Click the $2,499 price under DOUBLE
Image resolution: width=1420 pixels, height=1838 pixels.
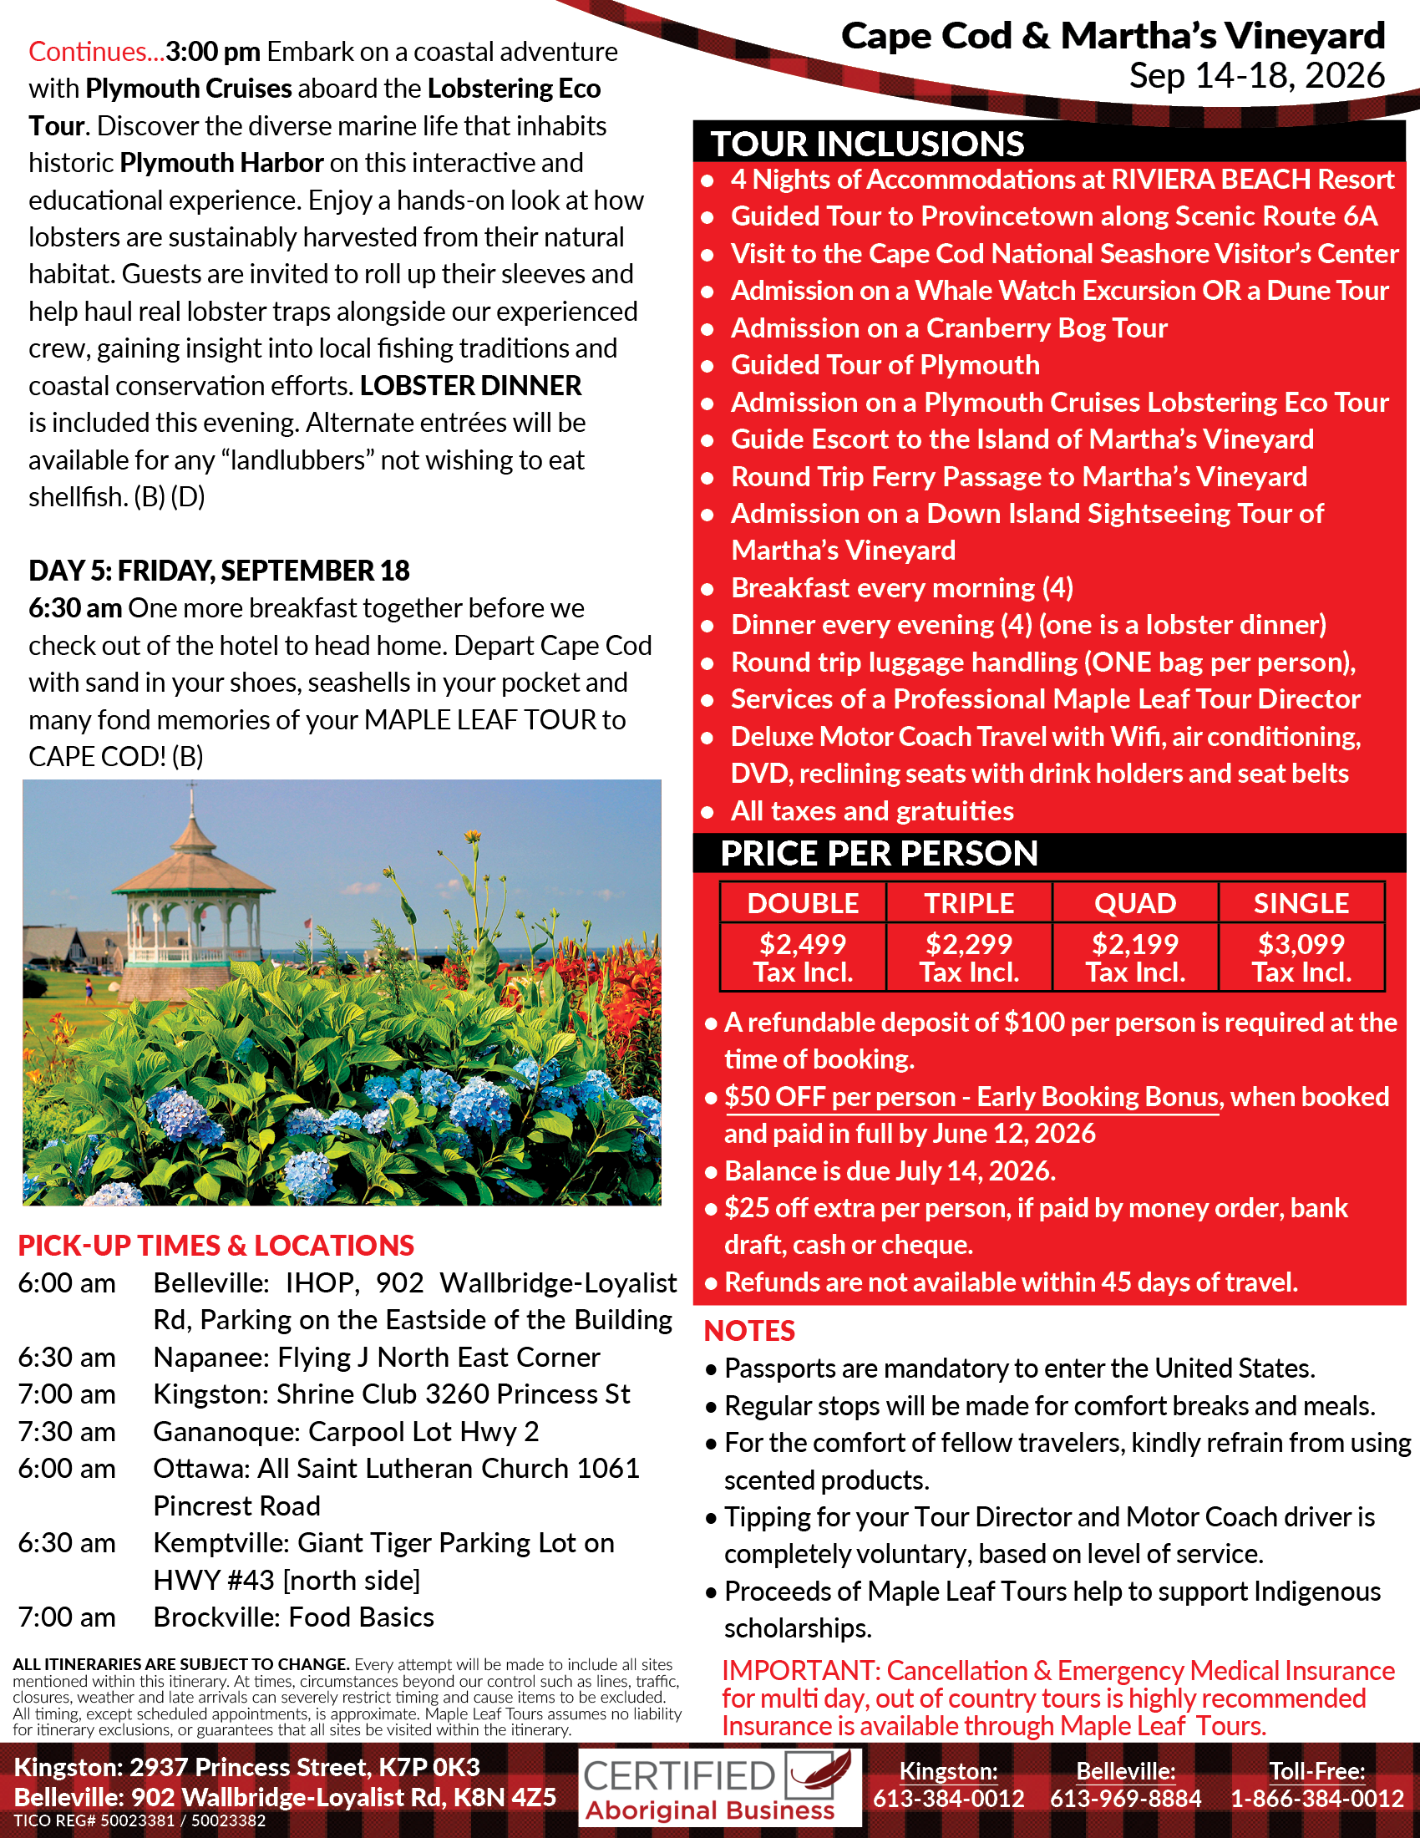coord(803,944)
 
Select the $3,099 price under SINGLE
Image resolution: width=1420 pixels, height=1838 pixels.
coord(1301,944)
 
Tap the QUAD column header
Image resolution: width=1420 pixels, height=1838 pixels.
coord(1135,903)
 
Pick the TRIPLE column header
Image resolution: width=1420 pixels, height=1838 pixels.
coord(969,903)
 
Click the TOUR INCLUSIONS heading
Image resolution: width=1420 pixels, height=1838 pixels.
coord(867,144)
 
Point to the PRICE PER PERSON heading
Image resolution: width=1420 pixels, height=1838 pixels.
coord(879,853)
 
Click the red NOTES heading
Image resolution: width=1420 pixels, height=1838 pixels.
coord(748,1331)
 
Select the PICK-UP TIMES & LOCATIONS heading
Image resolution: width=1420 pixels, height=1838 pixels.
coord(216,1246)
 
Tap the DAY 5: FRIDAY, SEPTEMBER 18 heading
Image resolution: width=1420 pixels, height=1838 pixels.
coord(219,571)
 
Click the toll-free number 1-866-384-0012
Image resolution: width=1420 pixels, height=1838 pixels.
coord(1317,1799)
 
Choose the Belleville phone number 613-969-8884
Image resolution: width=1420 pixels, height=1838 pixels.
coord(1126,1799)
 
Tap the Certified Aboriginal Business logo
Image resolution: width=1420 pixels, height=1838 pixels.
coord(719,1789)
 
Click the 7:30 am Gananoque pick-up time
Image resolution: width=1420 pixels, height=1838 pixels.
coord(68,1431)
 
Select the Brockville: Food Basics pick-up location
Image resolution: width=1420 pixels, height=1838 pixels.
coord(293,1617)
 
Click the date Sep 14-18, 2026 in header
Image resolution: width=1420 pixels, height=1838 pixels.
coord(1257,76)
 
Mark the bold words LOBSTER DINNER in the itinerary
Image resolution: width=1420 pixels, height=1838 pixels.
coord(471,385)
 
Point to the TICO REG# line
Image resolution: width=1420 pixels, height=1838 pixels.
coord(139,1820)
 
